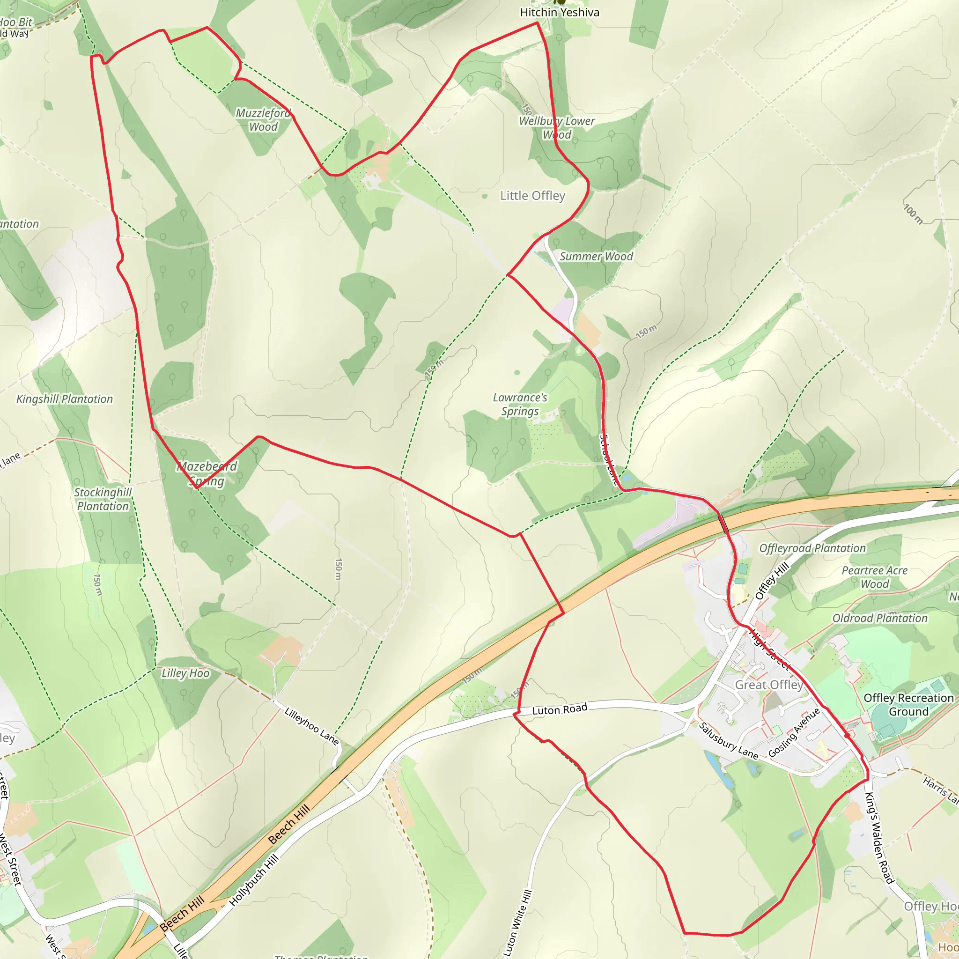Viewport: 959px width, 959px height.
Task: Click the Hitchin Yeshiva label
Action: coord(560,13)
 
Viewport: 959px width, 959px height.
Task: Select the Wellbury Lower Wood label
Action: coord(556,128)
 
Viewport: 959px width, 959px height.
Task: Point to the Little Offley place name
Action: coord(532,196)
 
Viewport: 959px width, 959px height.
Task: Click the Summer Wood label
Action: coord(596,257)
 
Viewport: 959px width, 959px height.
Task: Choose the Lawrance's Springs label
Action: coord(520,405)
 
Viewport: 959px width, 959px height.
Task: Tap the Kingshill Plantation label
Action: coord(65,399)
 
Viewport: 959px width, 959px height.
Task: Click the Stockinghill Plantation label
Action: coord(103,499)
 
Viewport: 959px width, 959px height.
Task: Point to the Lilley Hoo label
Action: coord(185,673)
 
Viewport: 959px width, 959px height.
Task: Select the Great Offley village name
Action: coord(769,685)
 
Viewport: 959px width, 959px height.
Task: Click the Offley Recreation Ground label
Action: coord(908,705)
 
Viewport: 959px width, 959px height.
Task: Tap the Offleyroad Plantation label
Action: coord(812,548)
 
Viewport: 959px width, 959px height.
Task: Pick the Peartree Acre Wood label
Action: coord(875,577)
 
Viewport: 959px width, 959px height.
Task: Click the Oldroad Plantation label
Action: coord(879,619)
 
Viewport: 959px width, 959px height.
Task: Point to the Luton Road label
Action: coord(560,710)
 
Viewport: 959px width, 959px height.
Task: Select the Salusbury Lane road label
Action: coord(728,741)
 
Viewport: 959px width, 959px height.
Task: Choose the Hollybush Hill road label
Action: coord(254,881)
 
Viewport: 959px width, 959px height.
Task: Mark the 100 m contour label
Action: coord(913,214)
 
